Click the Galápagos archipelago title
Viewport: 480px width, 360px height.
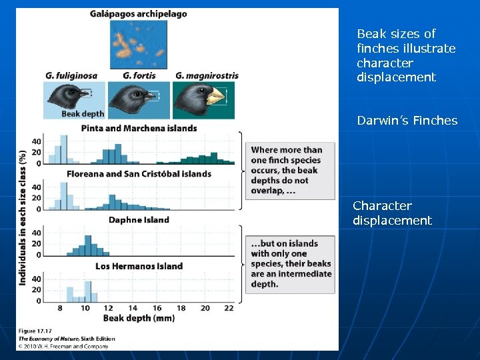pos(139,13)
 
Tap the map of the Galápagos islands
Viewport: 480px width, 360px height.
pos(139,44)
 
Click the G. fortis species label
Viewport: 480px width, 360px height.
pos(139,75)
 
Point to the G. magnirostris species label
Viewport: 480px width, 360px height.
pos(207,75)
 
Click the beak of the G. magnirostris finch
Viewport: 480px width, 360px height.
pos(216,97)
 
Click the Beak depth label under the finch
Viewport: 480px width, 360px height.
pos(83,114)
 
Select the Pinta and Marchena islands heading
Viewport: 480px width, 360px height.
pos(139,128)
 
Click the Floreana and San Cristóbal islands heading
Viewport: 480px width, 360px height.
pos(139,174)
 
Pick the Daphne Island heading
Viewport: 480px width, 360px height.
pos(139,220)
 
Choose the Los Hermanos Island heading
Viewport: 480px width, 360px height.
pos(139,266)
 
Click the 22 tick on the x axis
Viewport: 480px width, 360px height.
pos(229,308)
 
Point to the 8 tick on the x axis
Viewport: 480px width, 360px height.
pos(61,308)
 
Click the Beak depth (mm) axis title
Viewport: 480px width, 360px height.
pos(139,318)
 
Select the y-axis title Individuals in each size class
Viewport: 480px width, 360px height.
pos(23,217)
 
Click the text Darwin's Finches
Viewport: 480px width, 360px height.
pos(407,121)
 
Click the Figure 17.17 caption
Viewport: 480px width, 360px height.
pos(35,331)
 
